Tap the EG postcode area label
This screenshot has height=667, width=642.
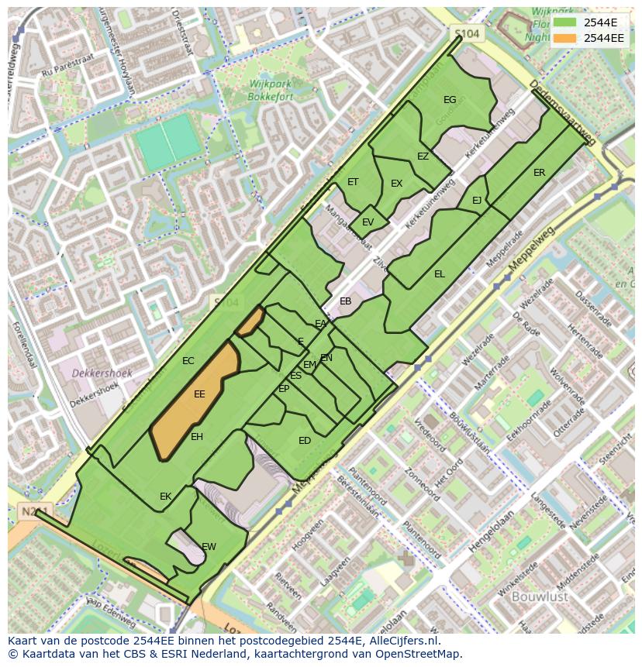pos(450,99)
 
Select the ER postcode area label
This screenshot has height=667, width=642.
pos(539,173)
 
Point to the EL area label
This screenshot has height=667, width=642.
pos(440,274)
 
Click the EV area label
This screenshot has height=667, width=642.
pos(368,222)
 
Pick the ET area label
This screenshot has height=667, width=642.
pos(353,182)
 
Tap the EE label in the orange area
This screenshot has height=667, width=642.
pos(199,394)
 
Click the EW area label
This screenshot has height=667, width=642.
pos(209,547)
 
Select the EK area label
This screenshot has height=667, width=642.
pos(165,497)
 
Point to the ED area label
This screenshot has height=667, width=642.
pos(305,441)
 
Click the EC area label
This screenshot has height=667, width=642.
pos(188,361)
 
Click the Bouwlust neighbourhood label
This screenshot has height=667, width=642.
pos(540,597)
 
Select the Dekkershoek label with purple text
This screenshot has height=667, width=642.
pos(102,373)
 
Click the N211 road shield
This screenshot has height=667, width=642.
pos(29,511)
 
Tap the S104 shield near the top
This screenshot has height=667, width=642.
pos(467,34)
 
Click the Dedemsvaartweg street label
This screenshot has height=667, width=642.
pos(563,112)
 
